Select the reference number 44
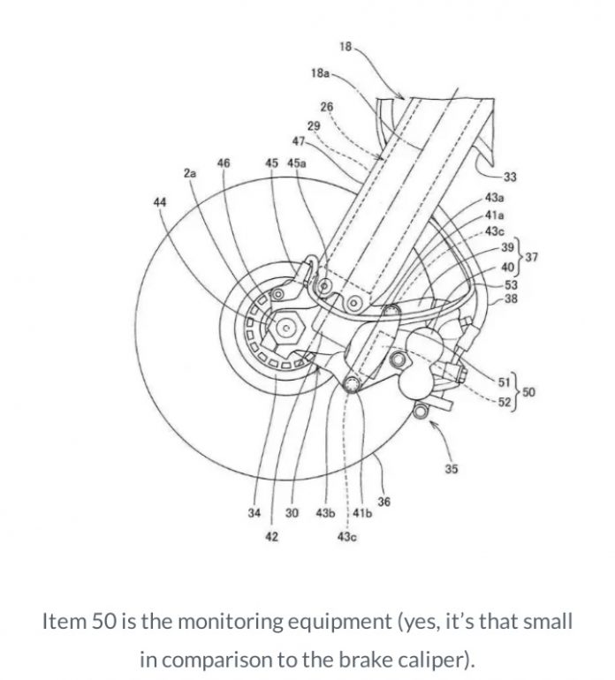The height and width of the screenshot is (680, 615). coord(159,202)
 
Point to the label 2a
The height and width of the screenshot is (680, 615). coord(190,174)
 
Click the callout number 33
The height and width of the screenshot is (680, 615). coord(511,177)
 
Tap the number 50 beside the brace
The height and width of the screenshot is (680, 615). coord(528,391)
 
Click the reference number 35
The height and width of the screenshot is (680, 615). coord(452,469)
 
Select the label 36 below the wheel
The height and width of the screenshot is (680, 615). coord(383,502)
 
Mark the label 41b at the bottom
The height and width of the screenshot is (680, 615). coord(361,513)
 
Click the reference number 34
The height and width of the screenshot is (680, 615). coord(254,513)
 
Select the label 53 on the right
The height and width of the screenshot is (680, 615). coord(511,284)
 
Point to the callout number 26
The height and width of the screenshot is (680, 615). coord(326,106)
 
